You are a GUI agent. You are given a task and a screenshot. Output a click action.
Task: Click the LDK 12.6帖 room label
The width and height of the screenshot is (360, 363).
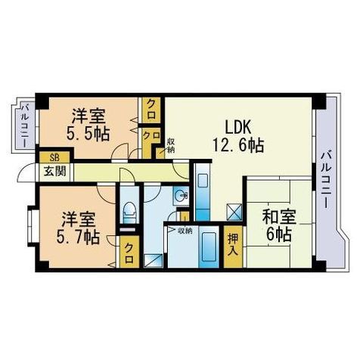(x=238, y=136)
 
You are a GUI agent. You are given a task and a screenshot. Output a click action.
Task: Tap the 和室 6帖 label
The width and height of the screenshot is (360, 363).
(x=279, y=225)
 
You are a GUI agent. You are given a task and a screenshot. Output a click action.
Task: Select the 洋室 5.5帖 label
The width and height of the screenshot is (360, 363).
(x=88, y=124)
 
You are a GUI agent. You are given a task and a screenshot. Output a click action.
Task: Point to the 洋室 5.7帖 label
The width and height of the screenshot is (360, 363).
(x=78, y=228)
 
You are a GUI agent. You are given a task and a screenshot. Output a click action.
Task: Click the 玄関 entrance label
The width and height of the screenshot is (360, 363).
(x=55, y=172)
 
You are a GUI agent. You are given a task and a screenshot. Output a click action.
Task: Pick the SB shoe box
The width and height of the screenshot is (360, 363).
(x=55, y=157)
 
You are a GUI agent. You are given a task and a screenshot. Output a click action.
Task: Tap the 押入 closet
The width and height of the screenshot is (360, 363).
(x=234, y=247)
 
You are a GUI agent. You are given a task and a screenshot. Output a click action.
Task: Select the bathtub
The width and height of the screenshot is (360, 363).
(x=209, y=247)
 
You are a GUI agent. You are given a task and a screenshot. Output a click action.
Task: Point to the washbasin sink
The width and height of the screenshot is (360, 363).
(x=181, y=196)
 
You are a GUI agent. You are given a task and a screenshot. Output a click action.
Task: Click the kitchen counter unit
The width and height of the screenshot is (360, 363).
(x=203, y=192)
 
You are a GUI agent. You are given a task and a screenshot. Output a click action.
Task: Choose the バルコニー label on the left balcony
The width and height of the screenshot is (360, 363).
(x=25, y=126)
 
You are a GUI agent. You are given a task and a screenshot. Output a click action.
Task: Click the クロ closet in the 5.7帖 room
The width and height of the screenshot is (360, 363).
(x=129, y=251)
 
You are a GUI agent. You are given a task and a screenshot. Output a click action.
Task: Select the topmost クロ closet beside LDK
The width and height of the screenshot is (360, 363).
(x=151, y=110)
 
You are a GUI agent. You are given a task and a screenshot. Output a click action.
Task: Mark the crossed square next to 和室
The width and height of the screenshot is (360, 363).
(x=234, y=211)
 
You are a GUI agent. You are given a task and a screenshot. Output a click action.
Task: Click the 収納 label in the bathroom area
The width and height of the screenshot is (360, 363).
(x=185, y=230)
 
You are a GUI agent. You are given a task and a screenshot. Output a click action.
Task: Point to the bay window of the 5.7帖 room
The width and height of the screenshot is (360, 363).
(x=32, y=225)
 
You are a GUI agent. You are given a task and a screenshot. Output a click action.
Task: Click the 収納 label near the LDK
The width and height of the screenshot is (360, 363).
(x=171, y=146)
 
